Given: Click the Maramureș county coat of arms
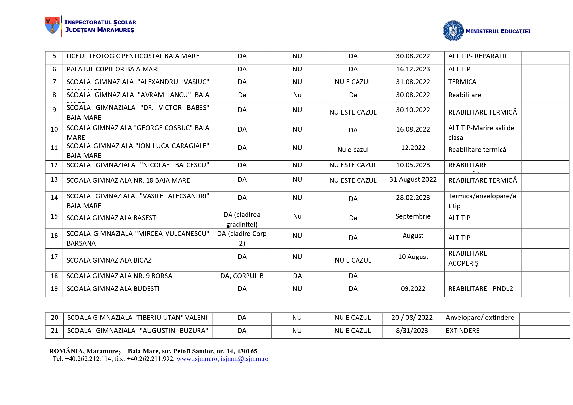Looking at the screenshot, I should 52,25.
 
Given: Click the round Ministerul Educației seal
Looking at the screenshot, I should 453,31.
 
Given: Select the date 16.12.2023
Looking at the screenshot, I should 413,69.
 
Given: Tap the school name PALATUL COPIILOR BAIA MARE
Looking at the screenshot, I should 114,69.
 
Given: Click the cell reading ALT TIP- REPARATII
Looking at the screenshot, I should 477,56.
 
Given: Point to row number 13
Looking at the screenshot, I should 54,179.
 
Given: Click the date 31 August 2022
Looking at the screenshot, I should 413,179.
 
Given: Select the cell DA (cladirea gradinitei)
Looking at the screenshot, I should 242,219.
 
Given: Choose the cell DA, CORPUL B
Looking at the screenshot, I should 242,276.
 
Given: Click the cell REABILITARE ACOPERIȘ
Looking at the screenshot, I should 468,258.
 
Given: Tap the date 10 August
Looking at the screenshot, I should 413,257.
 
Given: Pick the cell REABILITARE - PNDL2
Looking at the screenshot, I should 480,289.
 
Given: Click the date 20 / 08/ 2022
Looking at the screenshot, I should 412,318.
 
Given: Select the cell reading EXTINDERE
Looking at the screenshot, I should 462,331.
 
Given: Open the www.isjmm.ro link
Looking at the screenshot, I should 197,359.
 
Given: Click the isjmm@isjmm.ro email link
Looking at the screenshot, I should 244,359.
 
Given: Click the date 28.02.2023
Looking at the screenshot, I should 413,198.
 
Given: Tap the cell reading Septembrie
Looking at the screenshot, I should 413,216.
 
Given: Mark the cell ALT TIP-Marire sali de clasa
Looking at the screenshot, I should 481,132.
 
